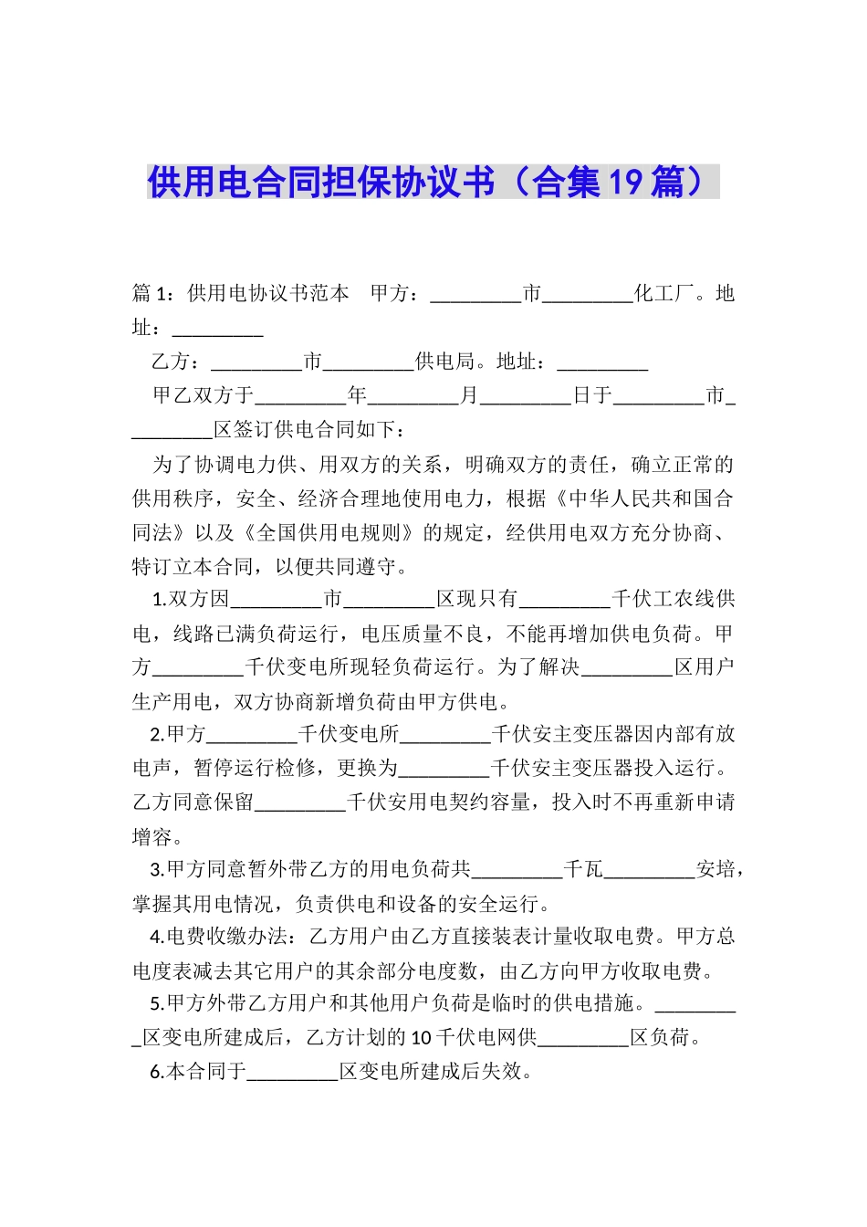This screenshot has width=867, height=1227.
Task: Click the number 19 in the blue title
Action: point(626,183)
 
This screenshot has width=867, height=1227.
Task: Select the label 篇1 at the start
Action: point(151,293)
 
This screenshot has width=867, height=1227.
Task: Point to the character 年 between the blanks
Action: point(357,395)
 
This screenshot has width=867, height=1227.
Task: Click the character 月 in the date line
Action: point(469,395)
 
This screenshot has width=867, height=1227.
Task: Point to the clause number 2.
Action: point(156,734)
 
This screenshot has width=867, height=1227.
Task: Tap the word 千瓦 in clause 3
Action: point(583,869)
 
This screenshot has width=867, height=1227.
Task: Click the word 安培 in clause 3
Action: point(716,869)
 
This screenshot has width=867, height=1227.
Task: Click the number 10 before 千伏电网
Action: point(422,1038)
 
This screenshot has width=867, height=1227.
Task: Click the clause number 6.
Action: point(156,1072)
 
